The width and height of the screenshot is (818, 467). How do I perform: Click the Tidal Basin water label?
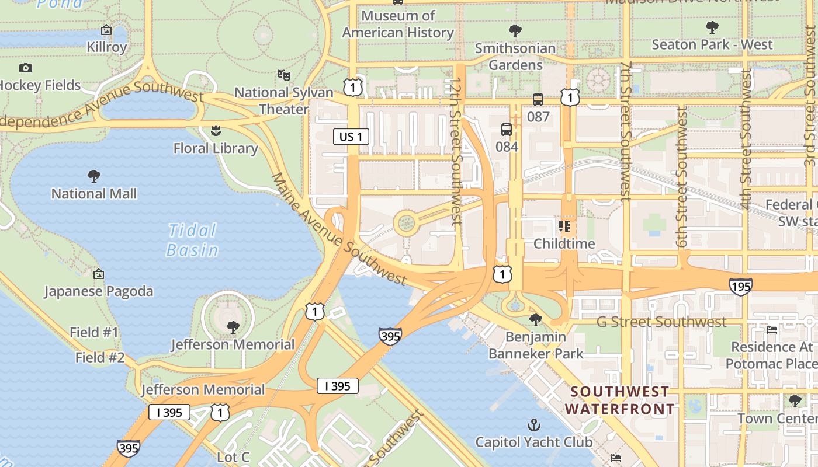click(192, 240)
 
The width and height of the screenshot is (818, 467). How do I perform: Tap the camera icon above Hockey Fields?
click(26, 68)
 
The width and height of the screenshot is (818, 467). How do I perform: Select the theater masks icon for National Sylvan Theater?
click(283, 75)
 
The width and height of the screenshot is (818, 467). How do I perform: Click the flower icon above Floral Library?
click(216, 130)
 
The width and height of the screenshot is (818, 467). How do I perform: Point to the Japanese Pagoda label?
click(99, 291)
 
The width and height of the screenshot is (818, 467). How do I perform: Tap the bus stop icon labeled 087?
click(538, 100)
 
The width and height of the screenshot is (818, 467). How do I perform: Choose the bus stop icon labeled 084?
click(506, 130)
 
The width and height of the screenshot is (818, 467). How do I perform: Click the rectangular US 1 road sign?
click(351, 137)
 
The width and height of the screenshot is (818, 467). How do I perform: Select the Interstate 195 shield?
click(740, 286)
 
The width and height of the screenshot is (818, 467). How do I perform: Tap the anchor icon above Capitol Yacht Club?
click(533, 424)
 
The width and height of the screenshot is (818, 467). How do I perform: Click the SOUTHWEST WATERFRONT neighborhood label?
click(620, 400)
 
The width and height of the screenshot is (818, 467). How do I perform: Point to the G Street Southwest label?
click(661, 322)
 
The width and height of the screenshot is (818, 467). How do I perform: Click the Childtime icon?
click(564, 226)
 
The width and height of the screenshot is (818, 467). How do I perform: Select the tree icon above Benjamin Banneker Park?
click(535, 319)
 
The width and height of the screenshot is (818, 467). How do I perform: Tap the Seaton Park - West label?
click(712, 44)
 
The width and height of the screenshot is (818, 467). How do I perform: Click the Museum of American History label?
click(398, 24)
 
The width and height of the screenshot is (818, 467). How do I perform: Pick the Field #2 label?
click(100, 357)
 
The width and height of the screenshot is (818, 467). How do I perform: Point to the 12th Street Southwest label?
click(456, 152)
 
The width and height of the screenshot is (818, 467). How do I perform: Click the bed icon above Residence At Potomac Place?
click(772, 330)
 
